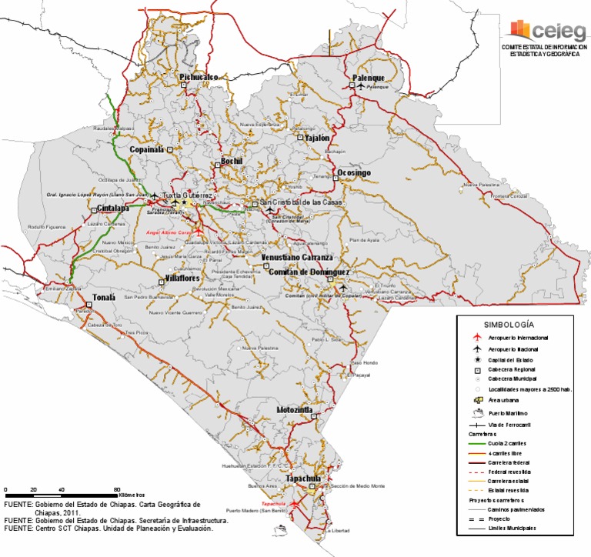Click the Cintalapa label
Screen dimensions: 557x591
click(x=112, y=208)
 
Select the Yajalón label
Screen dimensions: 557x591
click(x=317, y=138)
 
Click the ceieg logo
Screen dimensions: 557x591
click(x=543, y=31)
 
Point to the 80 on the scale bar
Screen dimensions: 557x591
click(x=117, y=490)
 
